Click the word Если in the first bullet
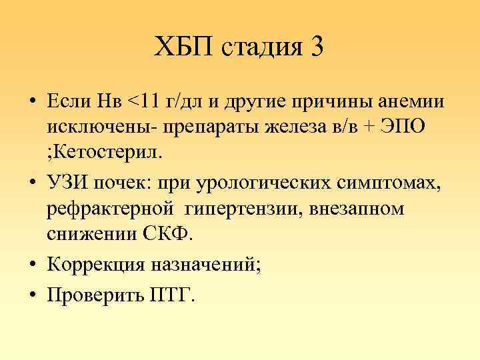(x=69, y=101)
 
